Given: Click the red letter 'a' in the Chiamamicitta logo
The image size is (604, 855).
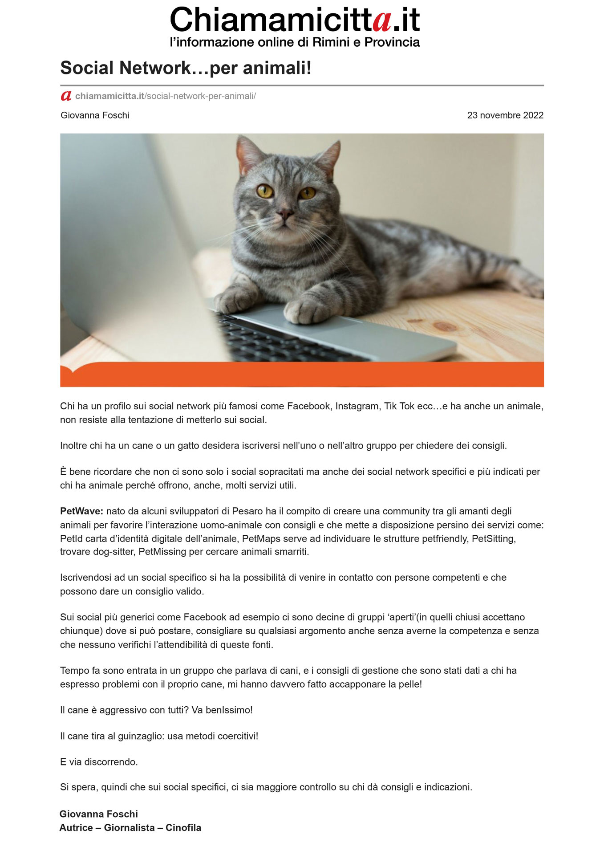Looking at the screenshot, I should coord(382,21).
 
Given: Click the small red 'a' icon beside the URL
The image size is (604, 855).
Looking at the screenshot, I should coord(66,96).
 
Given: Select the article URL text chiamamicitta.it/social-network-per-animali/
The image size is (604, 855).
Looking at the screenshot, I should coord(165,96).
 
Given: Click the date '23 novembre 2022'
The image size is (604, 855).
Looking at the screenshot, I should coord(505,115).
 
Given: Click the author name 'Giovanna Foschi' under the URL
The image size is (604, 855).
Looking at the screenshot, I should coord(95,115).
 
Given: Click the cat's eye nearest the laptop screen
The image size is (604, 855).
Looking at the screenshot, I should coord(265,191).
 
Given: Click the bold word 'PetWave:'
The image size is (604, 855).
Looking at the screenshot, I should coord(81,511).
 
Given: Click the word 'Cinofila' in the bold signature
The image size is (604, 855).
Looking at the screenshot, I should coord(183,828).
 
